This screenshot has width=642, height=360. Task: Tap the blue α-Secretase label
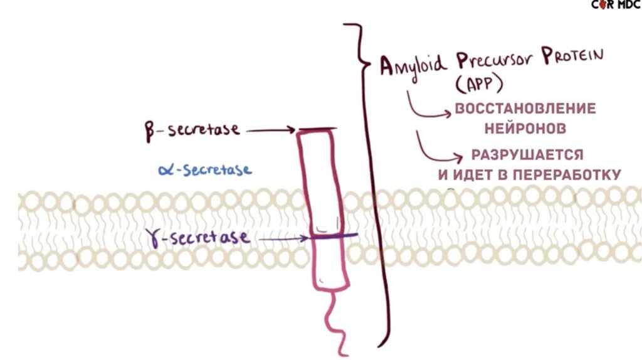click(x=206, y=170)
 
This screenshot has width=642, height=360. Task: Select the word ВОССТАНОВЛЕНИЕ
click(x=525, y=109)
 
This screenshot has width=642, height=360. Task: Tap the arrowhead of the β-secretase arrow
click(x=291, y=130)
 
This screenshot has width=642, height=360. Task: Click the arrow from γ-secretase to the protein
click(x=282, y=238)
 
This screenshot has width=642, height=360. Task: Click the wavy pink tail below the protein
click(x=335, y=323)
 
